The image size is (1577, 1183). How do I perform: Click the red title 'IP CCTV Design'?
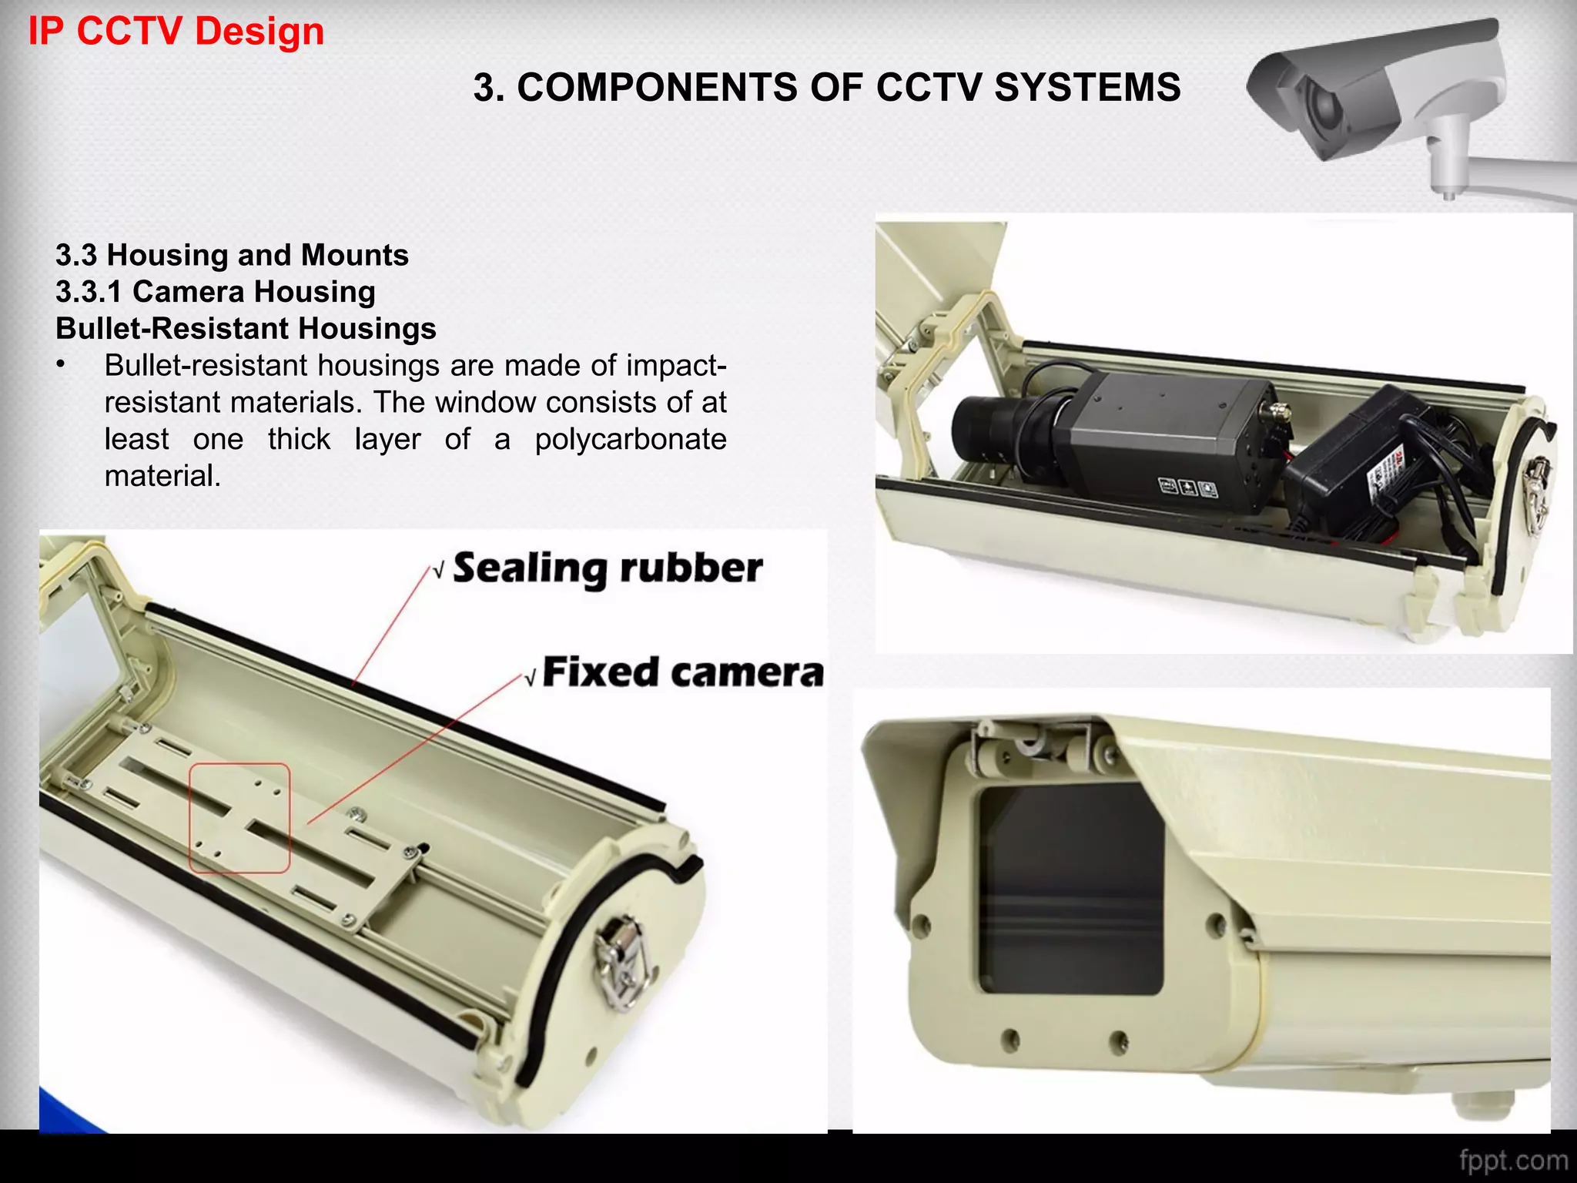coord(176,32)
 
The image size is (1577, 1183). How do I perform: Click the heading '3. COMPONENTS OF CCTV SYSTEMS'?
coord(826,87)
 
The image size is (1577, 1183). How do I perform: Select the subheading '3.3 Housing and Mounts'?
coord(232,255)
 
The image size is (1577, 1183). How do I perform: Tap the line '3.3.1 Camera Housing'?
coord(216,292)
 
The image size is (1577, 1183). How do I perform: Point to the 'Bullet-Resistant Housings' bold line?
coord(246,329)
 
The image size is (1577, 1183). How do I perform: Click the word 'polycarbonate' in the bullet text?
coord(631,439)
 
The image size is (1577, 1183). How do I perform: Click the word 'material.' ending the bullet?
coord(162,476)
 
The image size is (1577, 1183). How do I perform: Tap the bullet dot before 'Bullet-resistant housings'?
coord(61,365)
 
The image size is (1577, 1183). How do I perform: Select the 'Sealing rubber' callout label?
coord(608,568)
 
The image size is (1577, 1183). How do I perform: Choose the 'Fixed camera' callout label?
coord(683,672)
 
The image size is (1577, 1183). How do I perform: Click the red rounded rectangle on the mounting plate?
coord(239,818)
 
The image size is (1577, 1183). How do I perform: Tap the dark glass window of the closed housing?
coord(1070,890)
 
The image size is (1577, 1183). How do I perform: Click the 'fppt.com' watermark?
coord(1512,1161)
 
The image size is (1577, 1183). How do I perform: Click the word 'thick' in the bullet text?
coord(299,439)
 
